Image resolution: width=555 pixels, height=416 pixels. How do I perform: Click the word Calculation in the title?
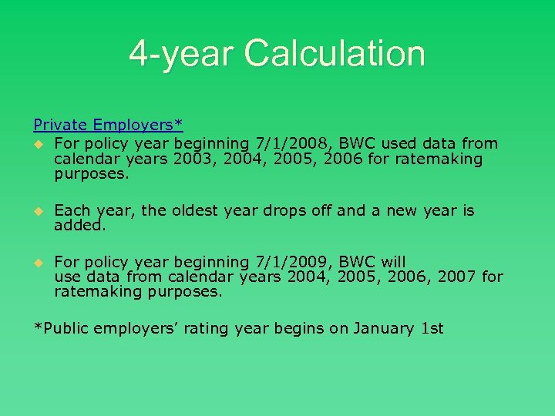(335, 54)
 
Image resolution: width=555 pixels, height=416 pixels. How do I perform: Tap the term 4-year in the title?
(183, 54)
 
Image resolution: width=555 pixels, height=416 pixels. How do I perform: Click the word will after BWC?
(393, 261)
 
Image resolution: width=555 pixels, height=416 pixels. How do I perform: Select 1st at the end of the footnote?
(433, 328)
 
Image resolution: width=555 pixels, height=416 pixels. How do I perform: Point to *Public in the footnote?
(61, 328)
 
